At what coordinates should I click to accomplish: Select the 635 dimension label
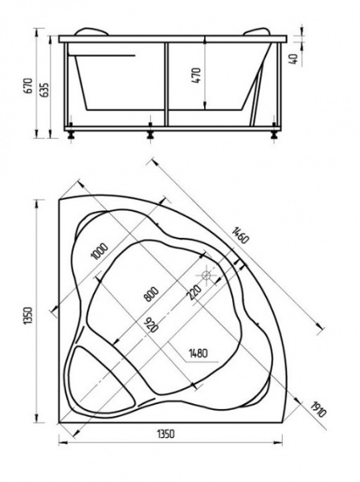tap(45, 89)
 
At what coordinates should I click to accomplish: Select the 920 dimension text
tap(149, 325)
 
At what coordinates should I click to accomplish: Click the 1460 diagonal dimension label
tap(236, 236)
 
